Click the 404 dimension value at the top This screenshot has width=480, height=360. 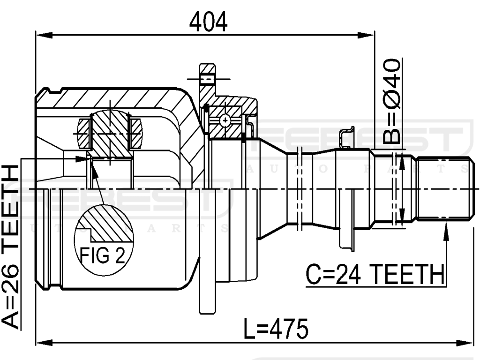coord(208,22)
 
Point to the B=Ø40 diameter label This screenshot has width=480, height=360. coord(391,101)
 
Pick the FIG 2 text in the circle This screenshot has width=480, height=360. coord(102,255)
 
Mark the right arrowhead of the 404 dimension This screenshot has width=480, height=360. coord(368,35)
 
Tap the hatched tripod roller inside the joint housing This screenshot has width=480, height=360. coord(110,134)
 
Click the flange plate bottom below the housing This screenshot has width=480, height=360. coord(207,300)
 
